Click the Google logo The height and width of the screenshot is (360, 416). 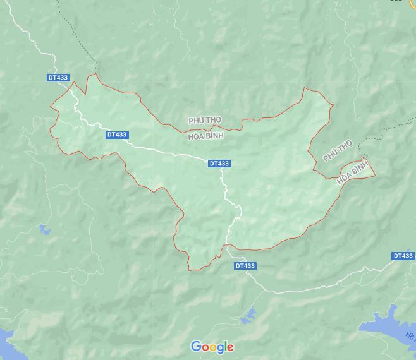pos(212,347)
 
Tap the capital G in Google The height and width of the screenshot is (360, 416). pos(197,346)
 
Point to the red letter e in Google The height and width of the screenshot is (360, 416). pos(231,347)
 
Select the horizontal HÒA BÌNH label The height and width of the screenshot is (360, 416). pos(206,135)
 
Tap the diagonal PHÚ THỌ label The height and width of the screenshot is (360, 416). pos(336,152)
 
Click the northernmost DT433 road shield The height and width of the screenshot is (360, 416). pos(58,78)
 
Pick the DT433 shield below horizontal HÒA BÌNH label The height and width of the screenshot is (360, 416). pos(219,164)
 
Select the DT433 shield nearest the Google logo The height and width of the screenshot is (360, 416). pos(245,266)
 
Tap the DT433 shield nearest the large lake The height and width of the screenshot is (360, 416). pos(403,256)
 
